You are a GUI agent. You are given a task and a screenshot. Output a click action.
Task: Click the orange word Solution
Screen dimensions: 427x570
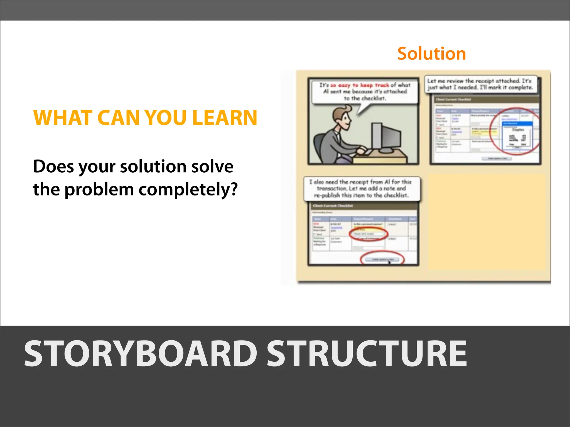tap(431, 54)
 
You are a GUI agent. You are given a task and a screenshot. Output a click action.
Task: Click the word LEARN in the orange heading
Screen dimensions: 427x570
tap(225, 118)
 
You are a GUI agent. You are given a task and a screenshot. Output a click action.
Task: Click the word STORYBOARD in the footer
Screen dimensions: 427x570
tap(141, 354)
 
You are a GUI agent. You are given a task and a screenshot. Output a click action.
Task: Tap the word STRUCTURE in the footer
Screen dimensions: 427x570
tap(367, 354)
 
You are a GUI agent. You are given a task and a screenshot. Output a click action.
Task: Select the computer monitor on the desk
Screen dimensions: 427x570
tap(385, 138)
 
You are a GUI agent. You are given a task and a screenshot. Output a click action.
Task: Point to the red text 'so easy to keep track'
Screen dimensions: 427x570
tap(359, 85)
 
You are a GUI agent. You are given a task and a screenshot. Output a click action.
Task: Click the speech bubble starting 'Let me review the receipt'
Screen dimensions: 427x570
tap(480, 84)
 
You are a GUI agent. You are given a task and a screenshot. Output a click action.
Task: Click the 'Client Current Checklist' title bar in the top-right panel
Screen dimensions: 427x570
tap(484, 99)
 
